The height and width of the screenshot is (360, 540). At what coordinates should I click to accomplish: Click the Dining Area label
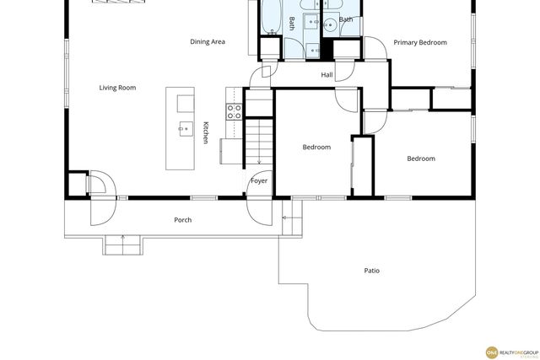pos(207,41)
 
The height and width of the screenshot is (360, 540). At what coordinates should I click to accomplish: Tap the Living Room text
pos(117,88)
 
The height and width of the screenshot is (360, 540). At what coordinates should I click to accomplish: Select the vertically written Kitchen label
pos(205,132)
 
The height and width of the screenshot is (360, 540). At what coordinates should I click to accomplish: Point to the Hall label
pos(327,75)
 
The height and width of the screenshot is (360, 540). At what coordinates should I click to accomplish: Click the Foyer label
pos(259,180)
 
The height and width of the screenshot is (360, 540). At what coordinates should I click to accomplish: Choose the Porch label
pos(182,220)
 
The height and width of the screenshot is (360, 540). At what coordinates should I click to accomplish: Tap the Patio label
pos(371,271)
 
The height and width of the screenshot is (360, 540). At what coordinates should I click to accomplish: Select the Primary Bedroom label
pos(420,42)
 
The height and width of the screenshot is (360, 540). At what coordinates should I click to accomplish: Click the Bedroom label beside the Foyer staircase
pos(316,147)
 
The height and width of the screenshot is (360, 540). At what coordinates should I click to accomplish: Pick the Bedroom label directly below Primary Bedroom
pos(421,159)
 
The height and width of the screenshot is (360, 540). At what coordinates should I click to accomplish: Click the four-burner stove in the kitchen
pos(234,109)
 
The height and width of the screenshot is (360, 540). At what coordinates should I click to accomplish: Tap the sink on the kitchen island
pos(185,129)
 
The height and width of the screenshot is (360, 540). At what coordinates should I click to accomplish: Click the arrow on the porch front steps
pos(123,239)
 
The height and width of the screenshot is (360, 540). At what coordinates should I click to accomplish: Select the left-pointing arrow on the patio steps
pos(285,218)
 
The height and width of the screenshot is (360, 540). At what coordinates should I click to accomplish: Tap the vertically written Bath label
pos(292,23)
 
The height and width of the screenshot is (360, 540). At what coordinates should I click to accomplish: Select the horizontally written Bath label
pos(346,19)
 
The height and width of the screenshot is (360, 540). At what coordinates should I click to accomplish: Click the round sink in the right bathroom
pos(330,25)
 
